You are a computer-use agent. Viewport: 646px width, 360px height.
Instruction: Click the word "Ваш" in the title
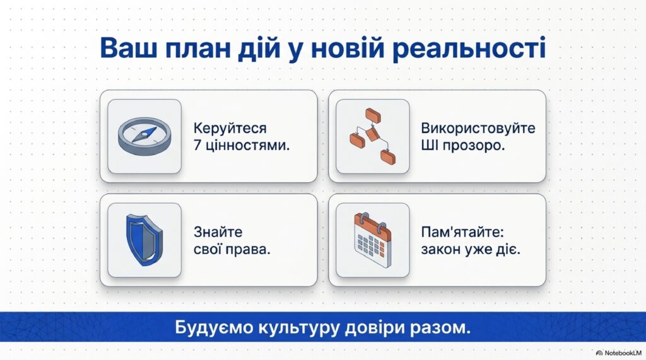128,48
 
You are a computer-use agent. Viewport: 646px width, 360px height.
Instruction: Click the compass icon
144,136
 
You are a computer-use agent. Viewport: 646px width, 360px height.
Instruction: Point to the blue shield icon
144,240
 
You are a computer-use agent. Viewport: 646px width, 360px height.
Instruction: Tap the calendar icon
372,240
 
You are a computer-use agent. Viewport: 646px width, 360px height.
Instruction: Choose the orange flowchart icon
372,136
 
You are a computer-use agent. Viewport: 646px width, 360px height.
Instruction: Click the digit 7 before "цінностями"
197,146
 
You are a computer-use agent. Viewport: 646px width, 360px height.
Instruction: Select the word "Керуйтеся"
230,129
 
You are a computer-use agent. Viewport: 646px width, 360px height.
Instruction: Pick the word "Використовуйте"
478,128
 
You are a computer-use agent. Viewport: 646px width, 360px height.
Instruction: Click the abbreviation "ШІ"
429,146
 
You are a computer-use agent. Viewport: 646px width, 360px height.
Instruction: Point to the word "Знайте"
218,232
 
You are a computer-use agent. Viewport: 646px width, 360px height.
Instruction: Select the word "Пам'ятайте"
462,232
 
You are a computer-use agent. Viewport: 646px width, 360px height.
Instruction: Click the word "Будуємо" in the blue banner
214,328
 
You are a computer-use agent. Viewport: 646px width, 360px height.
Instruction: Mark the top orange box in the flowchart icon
373,116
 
